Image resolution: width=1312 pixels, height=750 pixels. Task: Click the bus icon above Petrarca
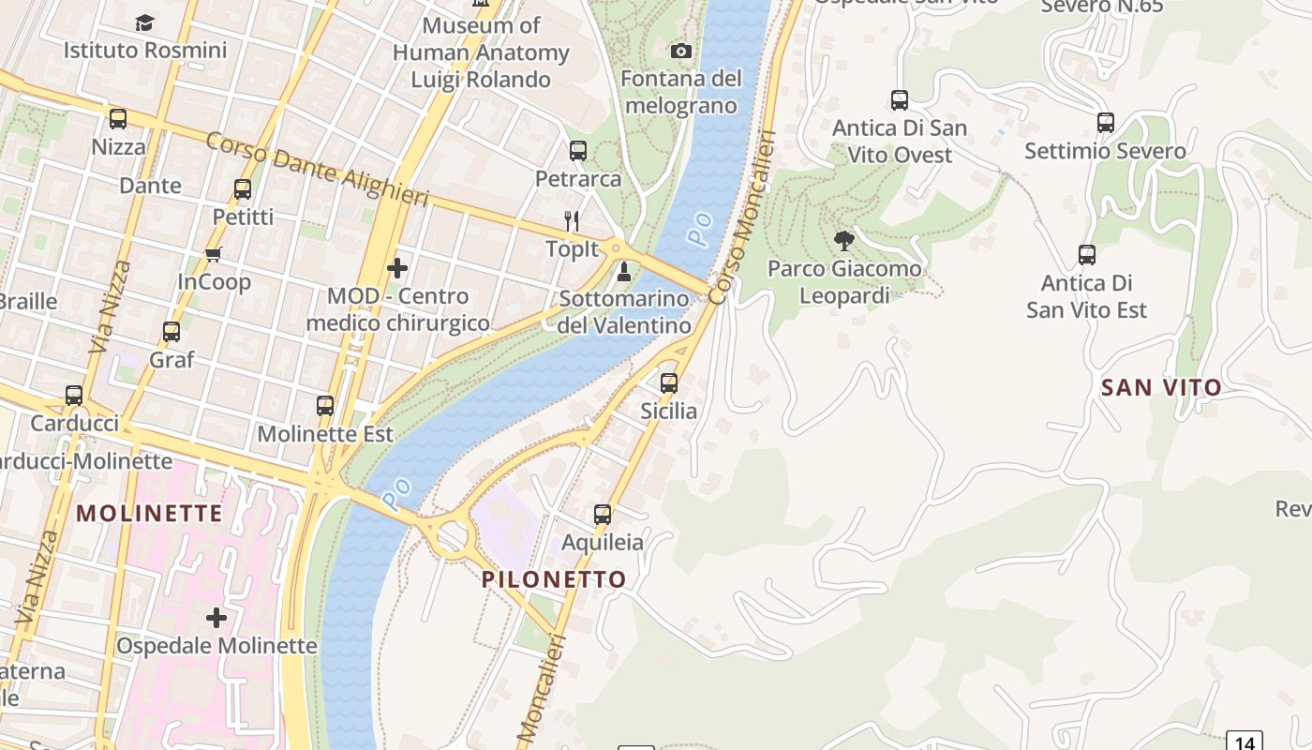click(578, 150)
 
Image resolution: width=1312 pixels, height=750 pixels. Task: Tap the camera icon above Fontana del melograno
click(681, 51)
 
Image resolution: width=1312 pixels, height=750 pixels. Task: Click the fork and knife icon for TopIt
click(572, 221)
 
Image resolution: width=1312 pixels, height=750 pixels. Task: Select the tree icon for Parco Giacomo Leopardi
click(844, 241)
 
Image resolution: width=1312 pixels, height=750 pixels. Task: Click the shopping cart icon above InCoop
click(214, 254)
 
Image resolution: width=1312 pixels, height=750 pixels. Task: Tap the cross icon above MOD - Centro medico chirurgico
click(397, 268)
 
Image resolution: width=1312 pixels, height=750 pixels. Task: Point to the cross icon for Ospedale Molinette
click(216, 618)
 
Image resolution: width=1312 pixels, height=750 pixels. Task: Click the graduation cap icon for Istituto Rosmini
click(144, 22)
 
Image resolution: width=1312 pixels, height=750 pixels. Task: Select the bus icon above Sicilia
click(669, 382)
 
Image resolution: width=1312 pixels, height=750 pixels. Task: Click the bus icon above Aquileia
click(603, 514)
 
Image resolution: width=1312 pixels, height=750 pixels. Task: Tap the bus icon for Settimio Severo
click(1106, 122)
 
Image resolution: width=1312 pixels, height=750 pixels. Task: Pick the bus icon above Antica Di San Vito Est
click(1087, 254)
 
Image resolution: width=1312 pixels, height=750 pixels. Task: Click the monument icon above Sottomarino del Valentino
click(624, 273)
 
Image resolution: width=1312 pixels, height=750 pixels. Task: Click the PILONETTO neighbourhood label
click(554, 579)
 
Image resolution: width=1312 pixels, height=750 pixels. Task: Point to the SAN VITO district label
click(1161, 387)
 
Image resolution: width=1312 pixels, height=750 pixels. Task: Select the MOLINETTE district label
click(150, 513)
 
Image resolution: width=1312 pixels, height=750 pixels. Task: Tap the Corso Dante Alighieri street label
click(317, 170)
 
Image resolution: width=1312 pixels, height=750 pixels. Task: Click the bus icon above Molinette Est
click(325, 406)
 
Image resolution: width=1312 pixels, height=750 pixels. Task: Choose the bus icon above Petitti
click(243, 189)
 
